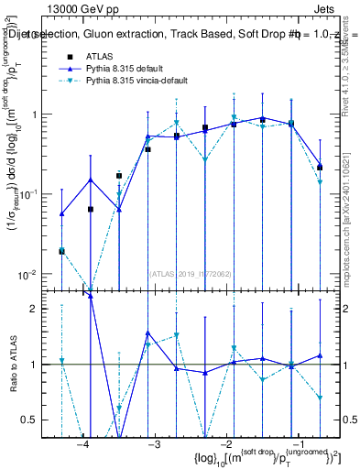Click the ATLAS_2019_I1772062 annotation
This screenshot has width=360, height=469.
[190, 272]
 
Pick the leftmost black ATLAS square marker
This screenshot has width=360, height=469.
[61, 250]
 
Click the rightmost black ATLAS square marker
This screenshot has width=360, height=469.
[320, 168]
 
